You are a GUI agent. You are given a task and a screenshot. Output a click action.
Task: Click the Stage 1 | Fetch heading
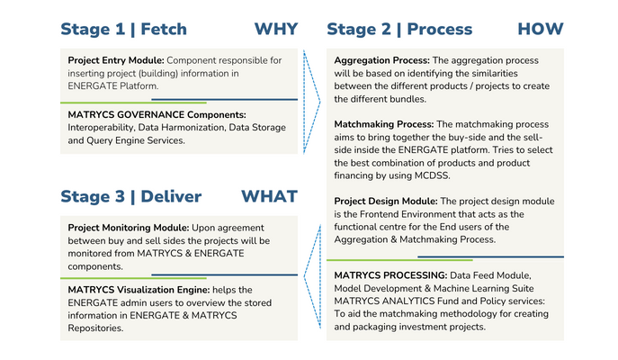[123, 30]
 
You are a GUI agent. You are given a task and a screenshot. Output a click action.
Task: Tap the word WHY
[276, 29]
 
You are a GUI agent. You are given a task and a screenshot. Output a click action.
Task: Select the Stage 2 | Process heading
[399, 30]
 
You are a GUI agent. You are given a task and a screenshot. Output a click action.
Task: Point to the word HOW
[541, 29]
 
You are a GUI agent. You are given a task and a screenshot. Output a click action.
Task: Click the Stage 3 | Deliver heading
[130, 197]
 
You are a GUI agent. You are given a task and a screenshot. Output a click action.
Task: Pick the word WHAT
[269, 196]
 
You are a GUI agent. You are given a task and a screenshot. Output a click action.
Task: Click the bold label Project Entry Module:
[116, 60]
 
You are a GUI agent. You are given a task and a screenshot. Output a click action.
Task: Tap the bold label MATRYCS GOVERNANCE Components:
[157, 114]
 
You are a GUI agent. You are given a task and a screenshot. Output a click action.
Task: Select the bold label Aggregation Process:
[382, 60]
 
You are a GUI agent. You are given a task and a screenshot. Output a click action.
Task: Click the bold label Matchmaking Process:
[384, 124]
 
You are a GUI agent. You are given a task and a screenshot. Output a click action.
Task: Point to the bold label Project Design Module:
[386, 202]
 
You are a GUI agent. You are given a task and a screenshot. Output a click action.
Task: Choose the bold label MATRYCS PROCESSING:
[390, 275]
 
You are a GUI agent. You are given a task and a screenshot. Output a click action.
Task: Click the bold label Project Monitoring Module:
[129, 228]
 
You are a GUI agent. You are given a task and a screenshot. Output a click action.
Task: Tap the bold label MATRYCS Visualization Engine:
[139, 290]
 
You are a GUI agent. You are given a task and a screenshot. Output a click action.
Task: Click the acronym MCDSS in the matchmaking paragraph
[432, 175]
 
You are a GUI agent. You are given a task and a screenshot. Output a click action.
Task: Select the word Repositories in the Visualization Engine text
[95, 328]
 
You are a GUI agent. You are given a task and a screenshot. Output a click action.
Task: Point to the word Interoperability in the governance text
[102, 128]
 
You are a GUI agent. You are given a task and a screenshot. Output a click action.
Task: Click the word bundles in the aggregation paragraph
[408, 99]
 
